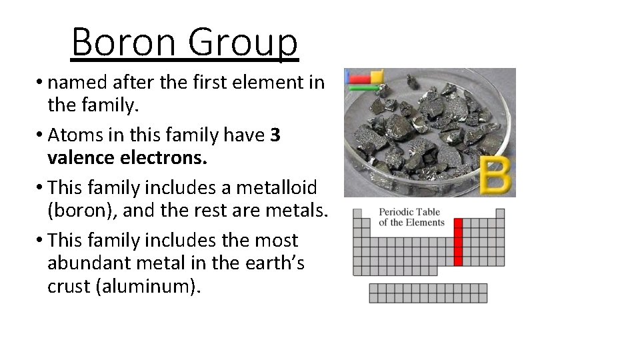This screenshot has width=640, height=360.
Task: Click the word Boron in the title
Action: point(123,41)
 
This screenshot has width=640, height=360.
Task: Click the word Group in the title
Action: point(243,41)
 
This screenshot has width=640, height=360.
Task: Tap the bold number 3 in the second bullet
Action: point(276,135)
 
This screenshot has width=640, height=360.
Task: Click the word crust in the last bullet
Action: point(71,288)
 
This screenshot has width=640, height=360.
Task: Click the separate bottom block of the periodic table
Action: point(428,293)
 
